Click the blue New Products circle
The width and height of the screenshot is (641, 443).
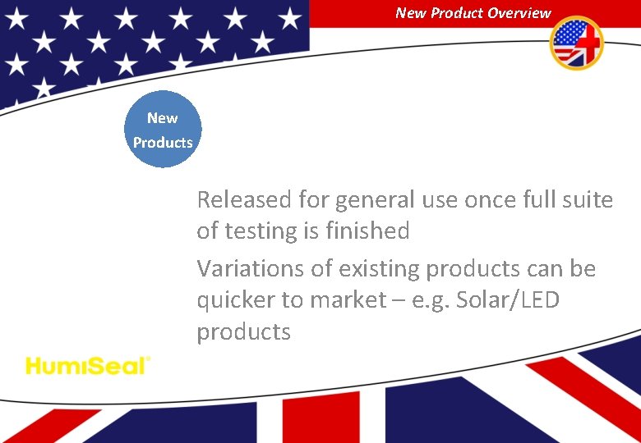click(163, 130)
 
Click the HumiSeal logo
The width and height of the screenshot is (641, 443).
click(88, 365)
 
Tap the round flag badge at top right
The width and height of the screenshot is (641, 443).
click(576, 43)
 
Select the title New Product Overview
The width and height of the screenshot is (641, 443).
click(473, 12)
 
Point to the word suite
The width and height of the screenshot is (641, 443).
click(585, 199)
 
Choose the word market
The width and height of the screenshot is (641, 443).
click(344, 300)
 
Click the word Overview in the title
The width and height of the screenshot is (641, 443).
click(519, 12)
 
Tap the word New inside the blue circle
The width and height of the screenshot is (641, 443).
click(163, 118)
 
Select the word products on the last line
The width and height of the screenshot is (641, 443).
click(243, 332)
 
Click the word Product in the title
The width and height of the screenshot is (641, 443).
click(459, 12)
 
